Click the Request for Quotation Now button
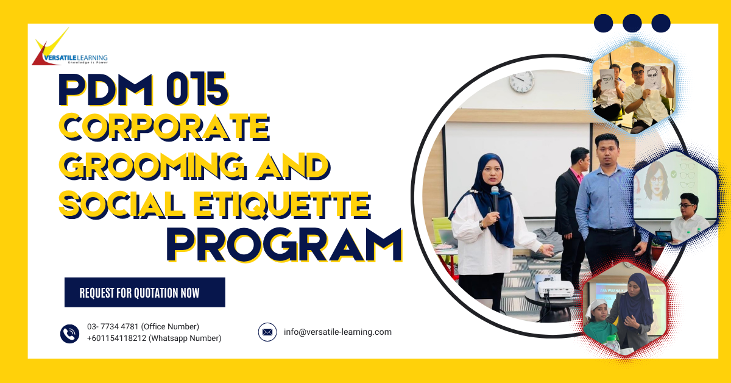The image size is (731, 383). pyautogui.click(x=144, y=292)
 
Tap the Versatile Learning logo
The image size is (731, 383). pyautogui.click(x=69, y=47)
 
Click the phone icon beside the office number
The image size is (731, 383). pyautogui.click(x=69, y=334)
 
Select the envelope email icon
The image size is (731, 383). pyautogui.click(x=267, y=332)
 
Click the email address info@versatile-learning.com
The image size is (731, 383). pyautogui.click(x=337, y=332)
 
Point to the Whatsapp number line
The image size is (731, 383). pyautogui.click(x=154, y=338)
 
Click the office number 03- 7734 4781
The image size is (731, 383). pyautogui.click(x=113, y=326)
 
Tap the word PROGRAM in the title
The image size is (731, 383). pyautogui.click(x=284, y=245)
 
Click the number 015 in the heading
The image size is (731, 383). pyautogui.click(x=197, y=89)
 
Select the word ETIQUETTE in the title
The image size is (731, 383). pyautogui.click(x=282, y=205)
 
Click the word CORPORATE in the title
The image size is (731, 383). pyautogui.click(x=164, y=127)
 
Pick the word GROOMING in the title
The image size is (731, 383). pyautogui.click(x=152, y=166)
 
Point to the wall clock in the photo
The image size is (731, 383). pyautogui.click(x=522, y=81)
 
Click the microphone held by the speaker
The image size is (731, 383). pyautogui.click(x=495, y=198)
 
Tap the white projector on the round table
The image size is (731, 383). pyautogui.click(x=556, y=289)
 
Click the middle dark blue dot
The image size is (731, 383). pyautogui.click(x=632, y=23)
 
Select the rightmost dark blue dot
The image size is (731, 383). pyautogui.click(x=661, y=23)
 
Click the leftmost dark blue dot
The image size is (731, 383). pyautogui.click(x=604, y=23)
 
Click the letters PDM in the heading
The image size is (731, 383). pyautogui.click(x=106, y=89)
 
